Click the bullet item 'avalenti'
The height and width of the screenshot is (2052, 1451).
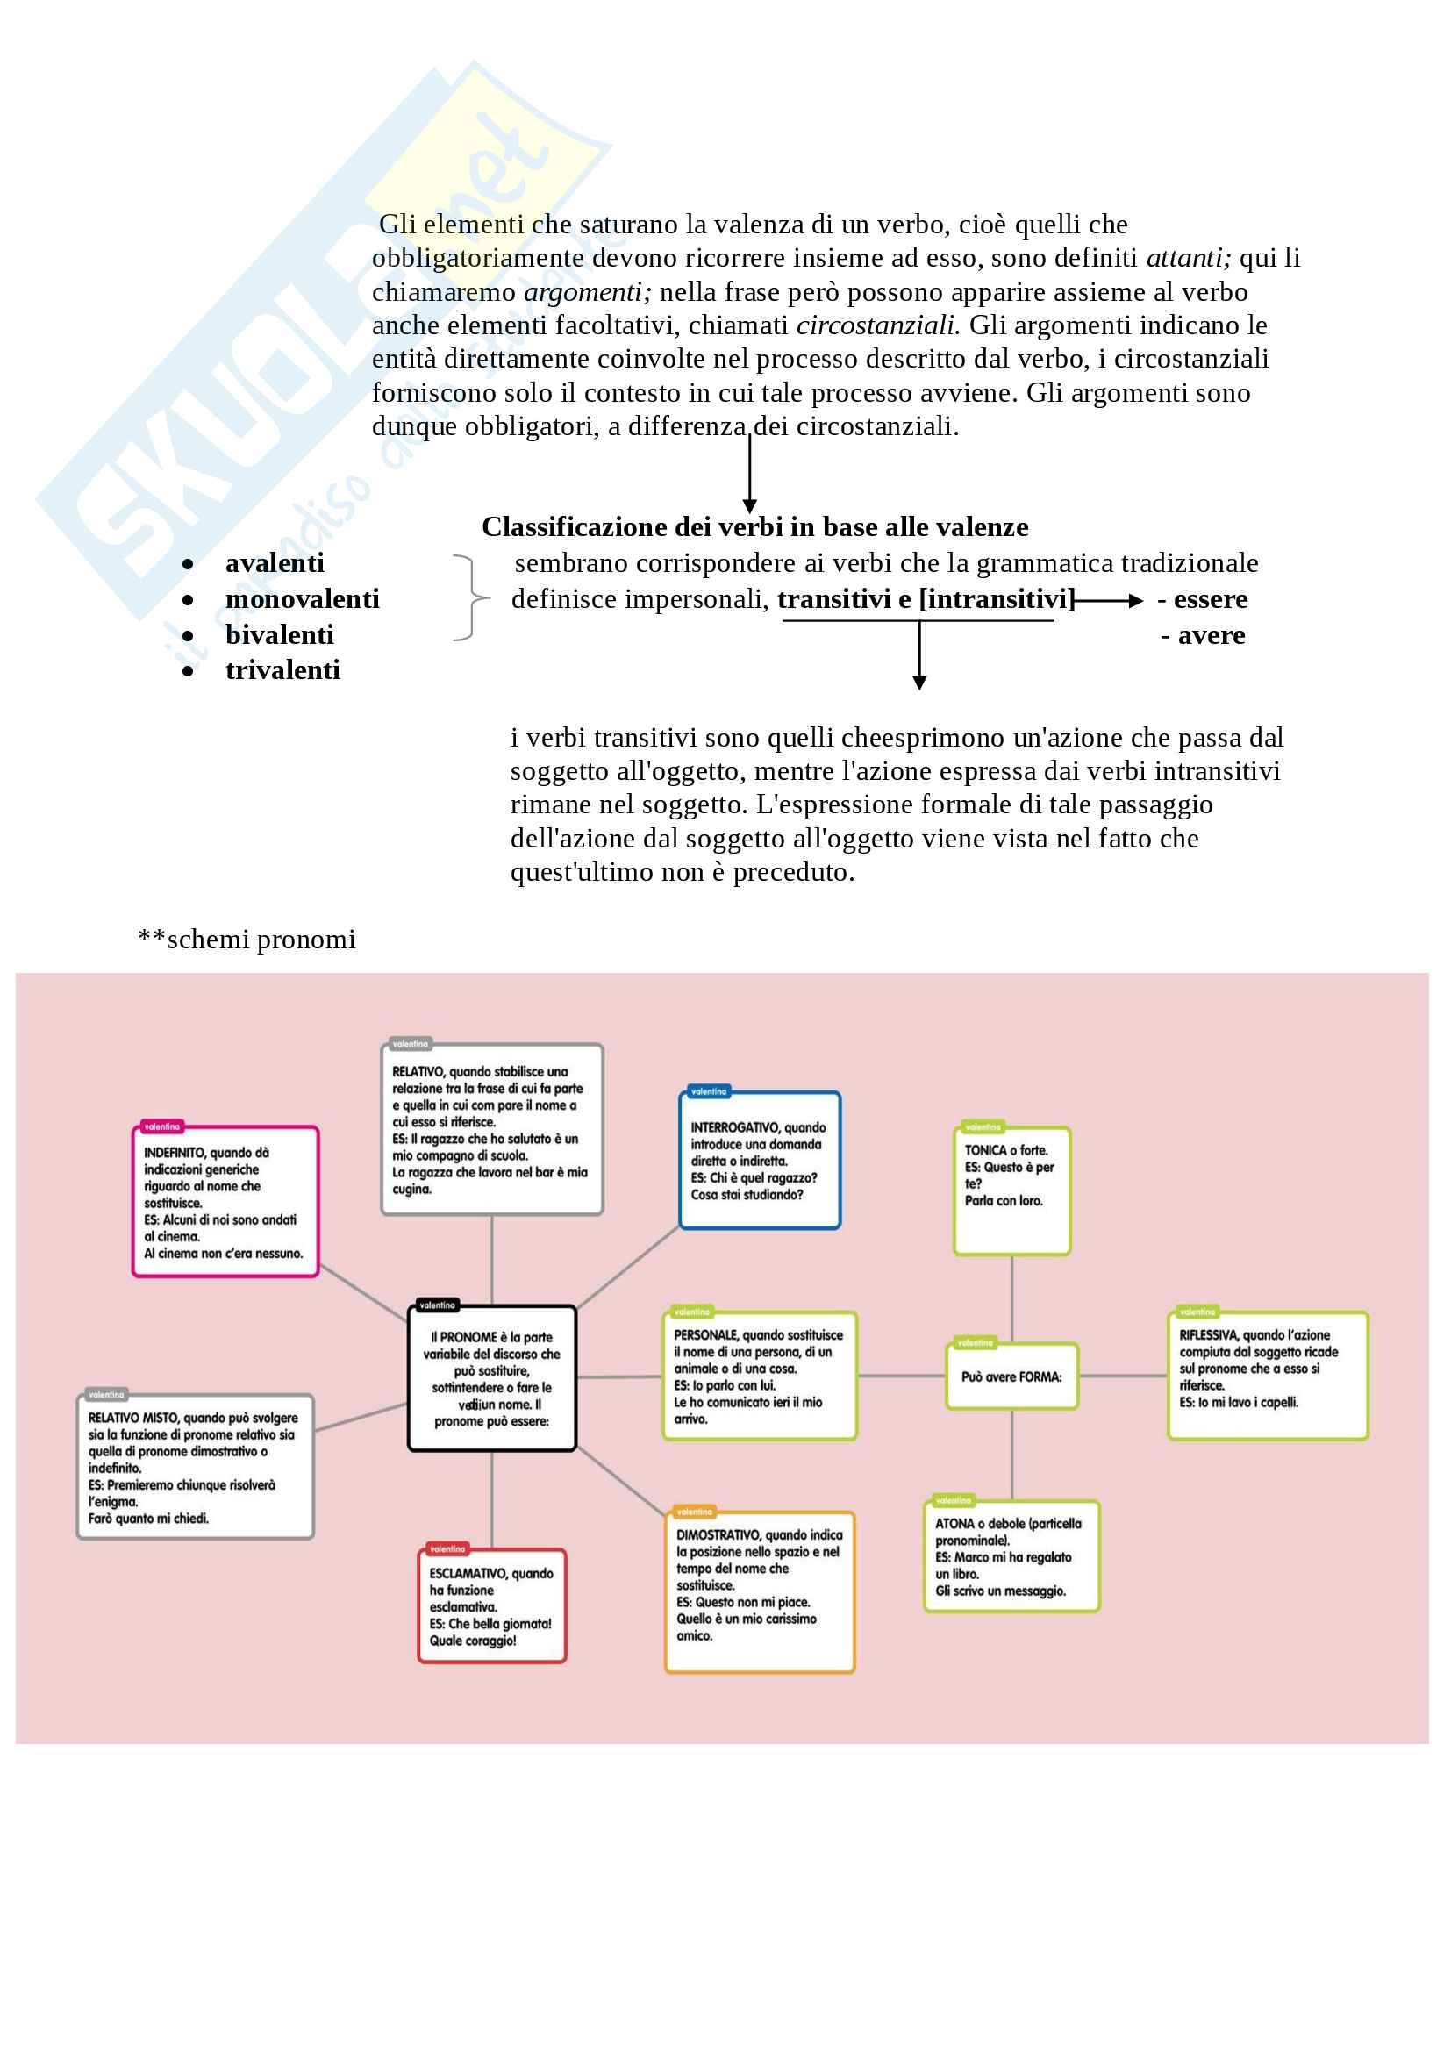pyautogui.click(x=275, y=563)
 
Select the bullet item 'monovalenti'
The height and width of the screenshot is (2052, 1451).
pyautogui.click(x=302, y=599)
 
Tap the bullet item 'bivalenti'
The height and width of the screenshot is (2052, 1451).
pyautogui.click(x=280, y=634)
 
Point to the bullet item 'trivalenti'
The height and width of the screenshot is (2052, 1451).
pyautogui.click(x=282, y=669)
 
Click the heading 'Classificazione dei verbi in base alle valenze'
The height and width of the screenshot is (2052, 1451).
pyautogui.click(x=755, y=526)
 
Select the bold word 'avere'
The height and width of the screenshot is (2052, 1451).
pyautogui.click(x=1211, y=634)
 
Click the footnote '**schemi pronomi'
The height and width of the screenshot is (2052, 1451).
pyautogui.click(x=247, y=940)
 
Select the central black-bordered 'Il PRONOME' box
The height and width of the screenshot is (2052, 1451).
pyautogui.click(x=491, y=1378)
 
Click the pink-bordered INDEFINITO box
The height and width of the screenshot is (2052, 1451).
pyautogui.click(x=225, y=1201)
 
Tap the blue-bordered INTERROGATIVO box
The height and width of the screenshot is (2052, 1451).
pyautogui.click(x=760, y=1160)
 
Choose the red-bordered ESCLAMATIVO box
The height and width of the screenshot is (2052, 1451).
pyautogui.click(x=491, y=1605)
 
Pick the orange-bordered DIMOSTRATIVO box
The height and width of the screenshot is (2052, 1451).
pyautogui.click(x=760, y=1591)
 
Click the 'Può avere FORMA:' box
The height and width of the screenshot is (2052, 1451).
pyautogui.click(x=1011, y=1377)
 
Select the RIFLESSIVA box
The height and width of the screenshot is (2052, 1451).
pyautogui.click(x=1267, y=1376)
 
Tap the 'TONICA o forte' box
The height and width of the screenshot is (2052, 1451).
pyautogui.click(x=1011, y=1190)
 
